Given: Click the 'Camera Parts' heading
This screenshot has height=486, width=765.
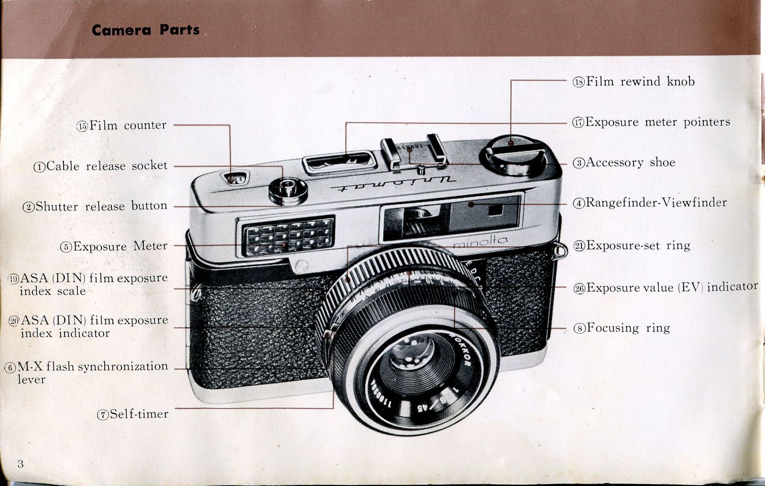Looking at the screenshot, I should [x=145, y=30].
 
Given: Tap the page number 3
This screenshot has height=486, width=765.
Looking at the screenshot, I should [x=20, y=464].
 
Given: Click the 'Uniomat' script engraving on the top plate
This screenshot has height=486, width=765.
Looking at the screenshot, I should [x=392, y=183].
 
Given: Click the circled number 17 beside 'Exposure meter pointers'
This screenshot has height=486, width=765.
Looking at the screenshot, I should [x=578, y=122].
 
